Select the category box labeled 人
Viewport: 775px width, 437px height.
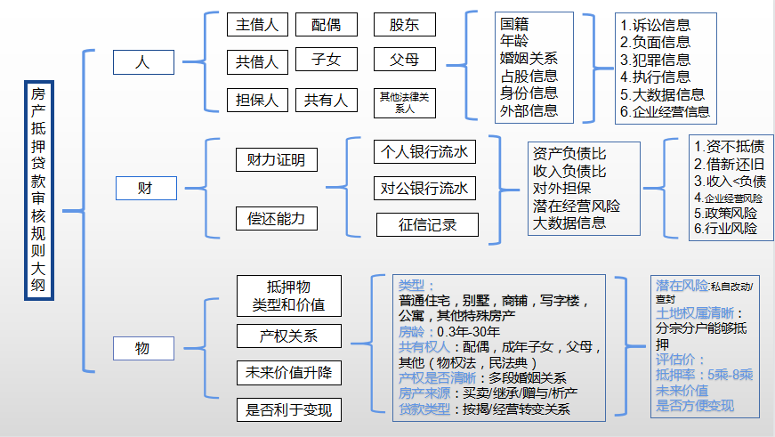pyautogui.click(x=142, y=62)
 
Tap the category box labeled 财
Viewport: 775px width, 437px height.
pyautogui.click(x=145, y=189)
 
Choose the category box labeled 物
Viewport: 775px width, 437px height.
pyautogui.click(x=142, y=348)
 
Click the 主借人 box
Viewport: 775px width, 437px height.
pyautogui.click(x=257, y=25)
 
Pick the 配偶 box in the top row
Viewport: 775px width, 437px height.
pyautogui.click(x=326, y=25)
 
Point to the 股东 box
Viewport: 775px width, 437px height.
pyautogui.click(x=404, y=25)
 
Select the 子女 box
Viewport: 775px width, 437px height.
pyautogui.click(x=326, y=61)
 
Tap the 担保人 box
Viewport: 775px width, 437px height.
pyautogui.click(x=257, y=100)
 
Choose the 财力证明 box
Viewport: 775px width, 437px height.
pyautogui.click(x=276, y=160)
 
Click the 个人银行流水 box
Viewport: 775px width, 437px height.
pyautogui.click(x=424, y=151)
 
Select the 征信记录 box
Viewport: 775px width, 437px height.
pyautogui.click(x=427, y=225)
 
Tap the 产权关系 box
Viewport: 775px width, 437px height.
pyautogui.click(x=288, y=336)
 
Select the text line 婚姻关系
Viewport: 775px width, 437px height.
pyautogui.click(x=529, y=59)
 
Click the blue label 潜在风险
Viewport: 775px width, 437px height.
pyautogui.click(x=682, y=286)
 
